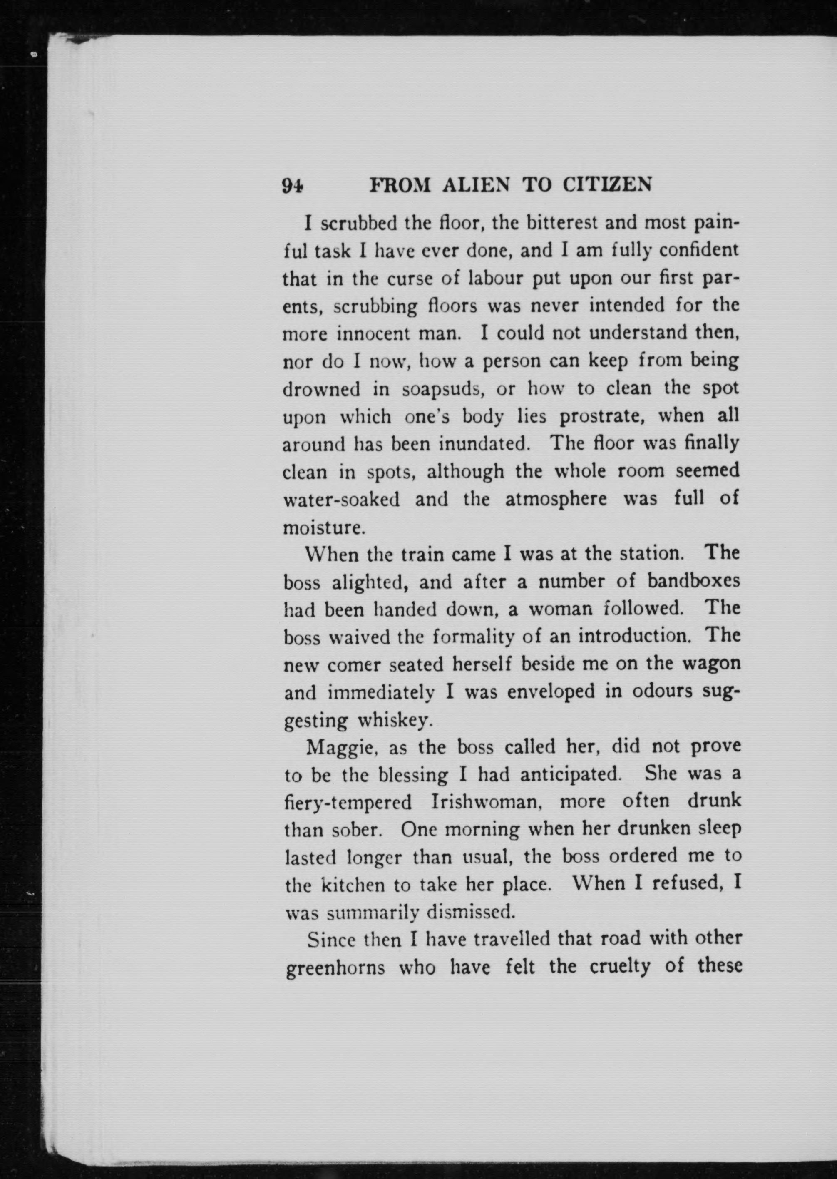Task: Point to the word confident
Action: [x=699, y=251]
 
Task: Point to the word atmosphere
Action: [x=556, y=500]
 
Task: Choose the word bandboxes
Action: [x=693, y=582]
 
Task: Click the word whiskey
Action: [x=394, y=720]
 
